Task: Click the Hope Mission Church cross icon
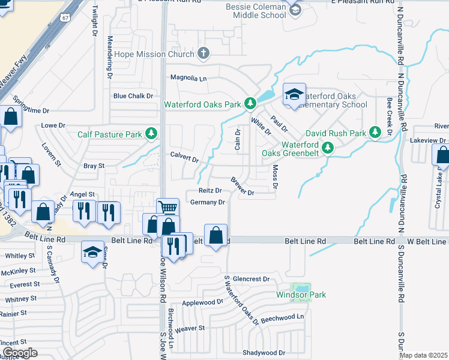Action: tap(203, 54)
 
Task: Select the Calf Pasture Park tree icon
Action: tap(152, 133)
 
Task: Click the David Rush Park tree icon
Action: tap(376, 131)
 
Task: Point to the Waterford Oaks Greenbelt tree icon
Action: tap(328, 147)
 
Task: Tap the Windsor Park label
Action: tap(301, 295)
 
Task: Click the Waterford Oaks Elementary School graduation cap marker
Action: tap(294, 95)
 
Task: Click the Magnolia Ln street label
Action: tap(188, 78)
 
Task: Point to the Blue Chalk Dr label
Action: tap(133, 96)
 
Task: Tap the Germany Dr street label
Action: tap(206, 202)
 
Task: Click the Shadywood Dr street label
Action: tap(264, 353)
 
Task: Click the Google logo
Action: tap(20, 352)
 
